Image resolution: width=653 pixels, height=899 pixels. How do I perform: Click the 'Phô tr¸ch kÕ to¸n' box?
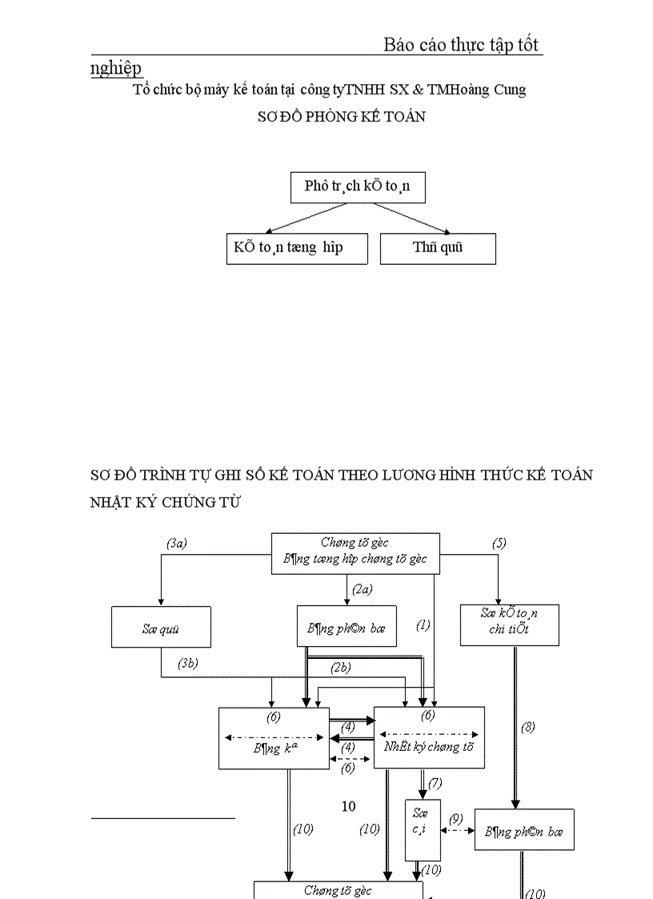click(x=357, y=187)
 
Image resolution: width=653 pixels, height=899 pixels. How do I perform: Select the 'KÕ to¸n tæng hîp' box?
click(x=296, y=248)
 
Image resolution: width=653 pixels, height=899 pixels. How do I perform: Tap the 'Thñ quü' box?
click(x=438, y=248)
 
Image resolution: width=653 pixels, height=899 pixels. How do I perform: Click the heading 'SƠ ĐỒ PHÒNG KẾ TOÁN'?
click(x=341, y=117)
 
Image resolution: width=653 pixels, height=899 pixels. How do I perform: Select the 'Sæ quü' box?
click(x=161, y=628)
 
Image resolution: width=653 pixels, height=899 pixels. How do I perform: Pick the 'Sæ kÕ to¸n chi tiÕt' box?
click(x=509, y=625)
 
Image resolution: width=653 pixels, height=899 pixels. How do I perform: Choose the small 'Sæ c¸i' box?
click(x=423, y=829)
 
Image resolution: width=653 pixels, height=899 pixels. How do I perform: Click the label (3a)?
click(x=177, y=543)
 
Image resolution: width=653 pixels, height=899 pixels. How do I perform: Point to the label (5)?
click(x=499, y=543)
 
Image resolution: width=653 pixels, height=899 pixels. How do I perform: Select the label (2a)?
click(x=363, y=590)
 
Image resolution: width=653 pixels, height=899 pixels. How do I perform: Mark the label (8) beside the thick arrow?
click(x=527, y=727)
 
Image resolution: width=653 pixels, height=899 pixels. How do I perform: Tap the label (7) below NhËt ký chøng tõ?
click(x=435, y=783)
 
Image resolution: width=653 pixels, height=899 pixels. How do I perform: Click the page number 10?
click(x=348, y=806)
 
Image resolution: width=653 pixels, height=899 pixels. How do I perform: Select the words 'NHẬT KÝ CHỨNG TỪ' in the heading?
click(x=165, y=503)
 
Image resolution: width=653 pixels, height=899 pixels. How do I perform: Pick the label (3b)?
click(x=187, y=663)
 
